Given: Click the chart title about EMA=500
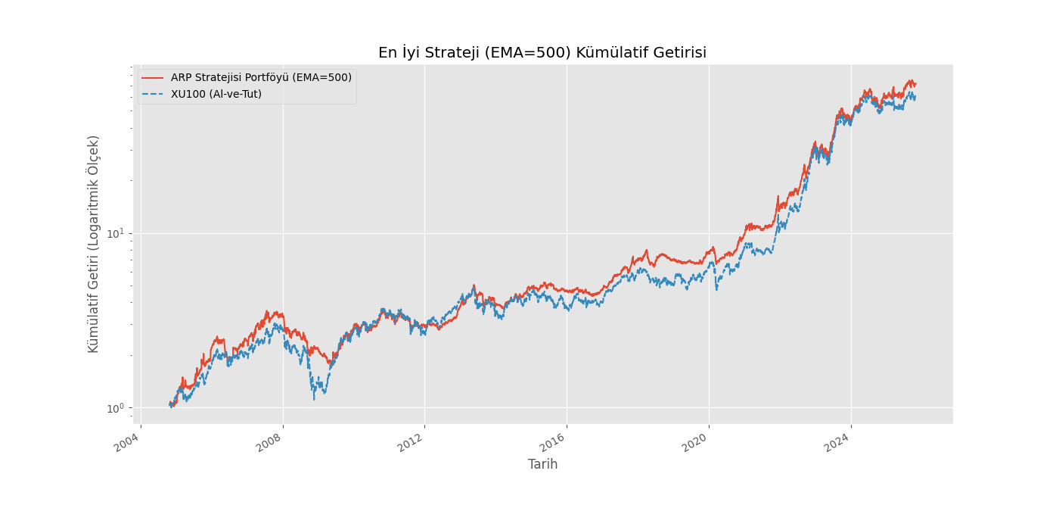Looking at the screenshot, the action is pyautogui.click(x=542, y=52).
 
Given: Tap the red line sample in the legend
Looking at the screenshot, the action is pyautogui.click(x=152, y=77).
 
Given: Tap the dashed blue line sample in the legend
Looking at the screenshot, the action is pyautogui.click(x=152, y=94).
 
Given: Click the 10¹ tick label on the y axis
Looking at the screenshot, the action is pyautogui.click(x=115, y=233).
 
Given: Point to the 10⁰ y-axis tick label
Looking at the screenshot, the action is pyautogui.click(x=115, y=408).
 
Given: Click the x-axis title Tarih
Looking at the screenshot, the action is pyautogui.click(x=543, y=464).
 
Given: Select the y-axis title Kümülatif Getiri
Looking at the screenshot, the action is pyautogui.click(x=93, y=244).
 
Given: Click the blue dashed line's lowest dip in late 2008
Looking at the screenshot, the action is pyautogui.click(x=314, y=400).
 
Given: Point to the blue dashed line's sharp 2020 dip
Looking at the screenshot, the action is pyautogui.click(x=717, y=289).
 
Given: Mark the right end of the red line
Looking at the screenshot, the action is pyautogui.click(x=916, y=84).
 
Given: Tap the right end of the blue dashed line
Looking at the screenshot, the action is pyautogui.click(x=915, y=98).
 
